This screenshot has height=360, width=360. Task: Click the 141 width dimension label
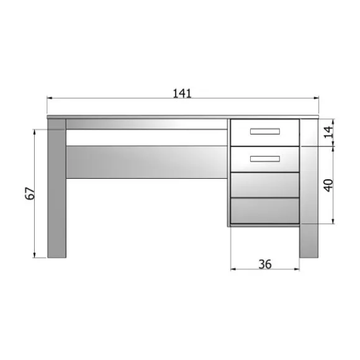pyautogui.click(x=182, y=93)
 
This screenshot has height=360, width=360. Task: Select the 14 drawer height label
pyautogui.click(x=328, y=131)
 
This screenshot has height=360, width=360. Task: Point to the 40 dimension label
pyautogui.click(x=328, y=184)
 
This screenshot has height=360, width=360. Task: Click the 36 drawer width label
pyautogui.click(x=264, y=264)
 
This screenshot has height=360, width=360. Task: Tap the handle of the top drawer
pyautogui.click(x=265, y=131)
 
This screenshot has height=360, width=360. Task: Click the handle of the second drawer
pyautogui.click(x=265, y=158)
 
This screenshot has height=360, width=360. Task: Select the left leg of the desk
pyautogui.click(x=56, y=192)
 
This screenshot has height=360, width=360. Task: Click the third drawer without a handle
pyautogui.click(x=265, y=184)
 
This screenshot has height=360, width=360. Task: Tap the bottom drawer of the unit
pyautogui.click(x=265, y=210)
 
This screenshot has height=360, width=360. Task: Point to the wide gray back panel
pyautogui.click(x=146, y=161)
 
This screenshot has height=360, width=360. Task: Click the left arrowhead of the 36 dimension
pyautogui.click(x=233, y=269)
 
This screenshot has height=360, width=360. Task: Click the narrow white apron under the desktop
pyautogui.click(x=146, y=124)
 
